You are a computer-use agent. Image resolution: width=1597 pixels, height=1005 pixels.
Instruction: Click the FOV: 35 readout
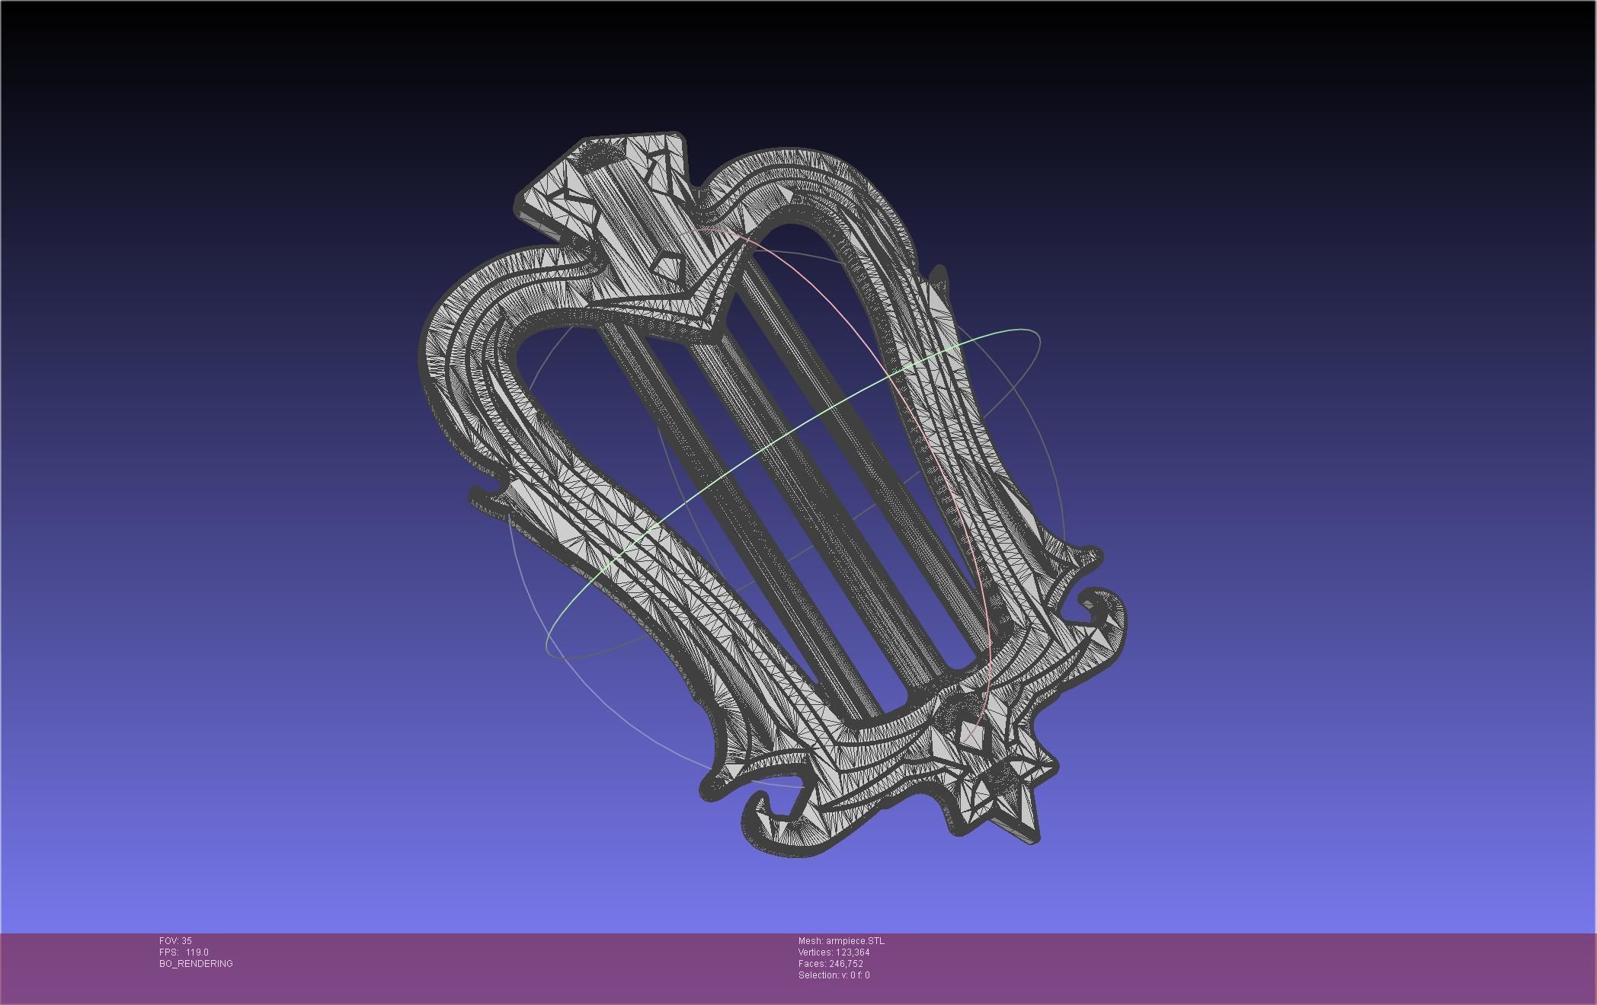tap(175, 941)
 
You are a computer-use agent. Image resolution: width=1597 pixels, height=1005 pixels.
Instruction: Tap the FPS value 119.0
tap(197, 952)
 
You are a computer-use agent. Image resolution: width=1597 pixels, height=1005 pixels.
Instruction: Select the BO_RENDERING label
tap(196, 964)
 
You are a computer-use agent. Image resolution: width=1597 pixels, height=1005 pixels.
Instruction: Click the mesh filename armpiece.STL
tap(855, 941)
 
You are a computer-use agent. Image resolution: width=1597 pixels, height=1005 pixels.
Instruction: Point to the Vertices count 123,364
tap(847, 952)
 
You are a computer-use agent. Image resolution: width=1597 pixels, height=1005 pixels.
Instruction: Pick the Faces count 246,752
tap(846, 964)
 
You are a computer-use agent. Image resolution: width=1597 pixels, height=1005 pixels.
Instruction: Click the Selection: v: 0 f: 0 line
tap(834, 975)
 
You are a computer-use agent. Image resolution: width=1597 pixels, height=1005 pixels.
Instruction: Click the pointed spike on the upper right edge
tap(939, 276)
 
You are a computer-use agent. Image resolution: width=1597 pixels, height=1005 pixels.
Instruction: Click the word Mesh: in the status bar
tap(811, 941)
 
